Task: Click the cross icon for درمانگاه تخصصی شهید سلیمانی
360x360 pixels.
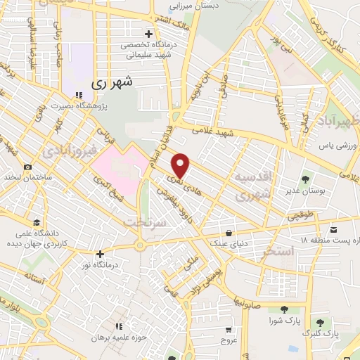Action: click(x=148, y=34)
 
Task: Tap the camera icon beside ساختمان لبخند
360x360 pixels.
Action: click(x=27, y=167)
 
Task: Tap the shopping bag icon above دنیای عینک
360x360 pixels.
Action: click(x=229, y=232)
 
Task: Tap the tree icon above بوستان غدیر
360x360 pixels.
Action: click(x=304, y=179)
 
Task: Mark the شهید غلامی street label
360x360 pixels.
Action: click(x=215, y=133)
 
